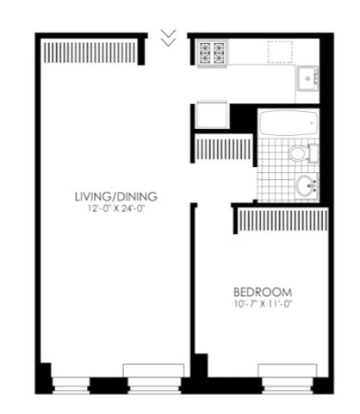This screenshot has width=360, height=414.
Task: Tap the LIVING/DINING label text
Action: (x=115, y=196)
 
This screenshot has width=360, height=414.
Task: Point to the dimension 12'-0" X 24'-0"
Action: (x=115, y=208)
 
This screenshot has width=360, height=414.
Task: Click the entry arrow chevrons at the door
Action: (x=170, y=37)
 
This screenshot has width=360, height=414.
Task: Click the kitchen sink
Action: (x=308, y=79)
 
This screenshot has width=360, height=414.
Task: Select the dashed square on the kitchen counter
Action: (x=278, y=52)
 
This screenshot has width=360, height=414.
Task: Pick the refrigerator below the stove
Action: (x=211, y=115)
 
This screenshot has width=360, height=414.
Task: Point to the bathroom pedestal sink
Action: (x=304, y=184)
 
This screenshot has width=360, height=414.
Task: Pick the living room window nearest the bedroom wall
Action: (x=152, y=374)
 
